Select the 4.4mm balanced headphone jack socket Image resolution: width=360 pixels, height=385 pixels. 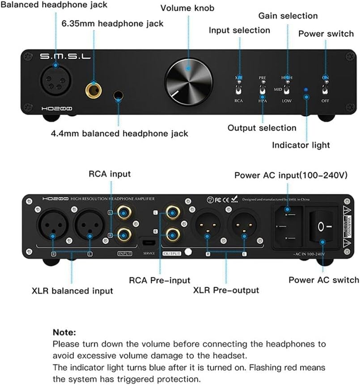click(x=119, y=95)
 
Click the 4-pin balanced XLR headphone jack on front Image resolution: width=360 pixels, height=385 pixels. click(x=55, y=80)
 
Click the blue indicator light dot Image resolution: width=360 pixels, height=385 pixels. click(x=306, y=89)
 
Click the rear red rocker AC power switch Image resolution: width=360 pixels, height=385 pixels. click(x=322, y=227)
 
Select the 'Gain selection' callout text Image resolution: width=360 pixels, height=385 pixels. click(x=288, y=16)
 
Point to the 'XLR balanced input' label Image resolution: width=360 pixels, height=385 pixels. click(x=72, y=291)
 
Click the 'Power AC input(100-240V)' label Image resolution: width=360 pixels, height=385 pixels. click(x=291, y=175)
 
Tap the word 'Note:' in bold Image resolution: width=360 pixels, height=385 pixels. click(x=64, y=332)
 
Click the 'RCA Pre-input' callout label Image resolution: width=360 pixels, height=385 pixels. click(x=160, y=280)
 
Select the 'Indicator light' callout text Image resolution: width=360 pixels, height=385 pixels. click(x=301, y=145)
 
